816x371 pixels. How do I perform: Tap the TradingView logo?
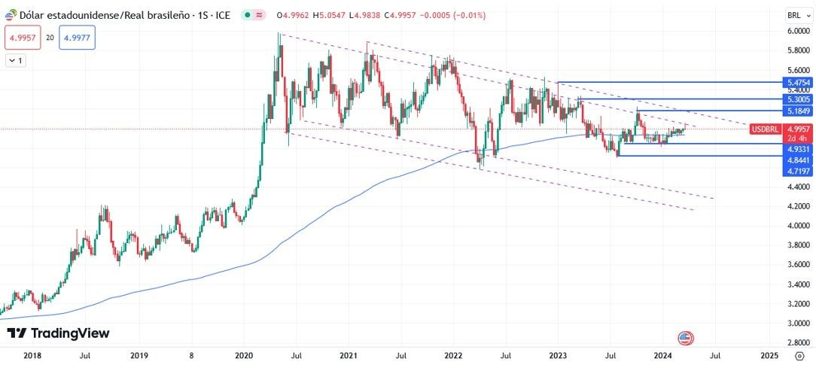pyautogui.click(x=58, y=333)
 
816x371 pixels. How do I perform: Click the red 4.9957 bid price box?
pyautogui.click(x=22, y=37)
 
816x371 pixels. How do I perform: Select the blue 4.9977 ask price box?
pyautogui.click(x=78, y=37)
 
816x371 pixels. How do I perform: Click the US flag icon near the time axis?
pyautogui.click(x=685, y=339)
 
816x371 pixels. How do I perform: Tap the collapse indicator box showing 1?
pyautogui.click(x=15, y=60)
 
